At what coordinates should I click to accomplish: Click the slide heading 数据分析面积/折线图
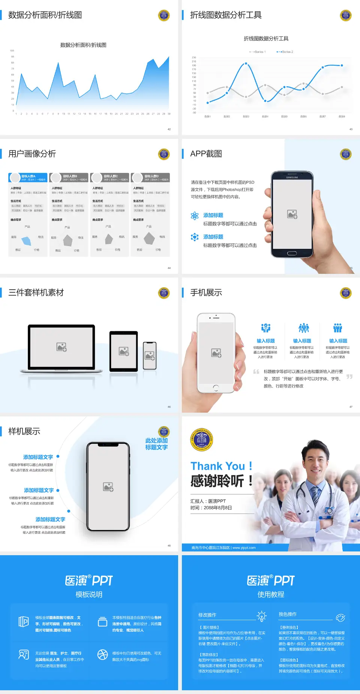click(45, 15)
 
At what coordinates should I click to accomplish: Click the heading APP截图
click(206, 154)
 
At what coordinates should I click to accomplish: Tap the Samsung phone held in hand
click(292, 215)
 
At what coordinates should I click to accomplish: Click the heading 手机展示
click(206, 293)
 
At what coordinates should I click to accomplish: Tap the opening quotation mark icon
click(256, 372)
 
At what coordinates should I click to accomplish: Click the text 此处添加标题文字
click(156, 444)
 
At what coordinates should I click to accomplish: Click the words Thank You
click(217, 466)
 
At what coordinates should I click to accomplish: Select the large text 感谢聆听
click(217, 481)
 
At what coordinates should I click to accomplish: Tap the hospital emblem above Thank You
click(202, 439)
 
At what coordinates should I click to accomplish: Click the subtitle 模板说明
click(89, 595)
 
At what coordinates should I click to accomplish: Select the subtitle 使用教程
click(271, 595)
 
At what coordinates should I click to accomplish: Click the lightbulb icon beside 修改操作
click(261, 616)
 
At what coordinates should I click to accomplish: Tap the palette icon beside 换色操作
click(340, 617)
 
